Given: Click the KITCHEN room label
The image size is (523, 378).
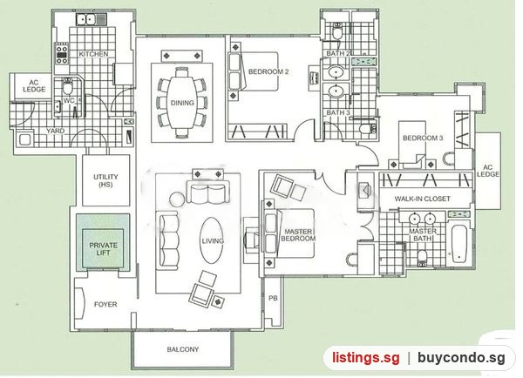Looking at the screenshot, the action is click(x=93, y=54).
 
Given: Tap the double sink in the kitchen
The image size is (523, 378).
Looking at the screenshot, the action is click(x=86, y=20).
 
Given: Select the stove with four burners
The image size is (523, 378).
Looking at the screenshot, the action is click(x=62, y=53).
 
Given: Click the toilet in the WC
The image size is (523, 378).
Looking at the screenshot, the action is click(x=68, y=87).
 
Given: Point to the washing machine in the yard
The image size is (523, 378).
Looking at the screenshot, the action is click(x=24, y=139).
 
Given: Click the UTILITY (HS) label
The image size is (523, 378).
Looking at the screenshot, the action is click(x=105, y=180).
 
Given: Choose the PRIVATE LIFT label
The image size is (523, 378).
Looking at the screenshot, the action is click(x=103, y=249).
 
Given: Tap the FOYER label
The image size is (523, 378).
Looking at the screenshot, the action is click(x=105, y=304).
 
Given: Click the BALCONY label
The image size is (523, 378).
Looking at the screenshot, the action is click(x=183, y=349).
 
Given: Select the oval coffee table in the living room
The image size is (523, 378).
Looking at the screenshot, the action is click(x=213, y=240).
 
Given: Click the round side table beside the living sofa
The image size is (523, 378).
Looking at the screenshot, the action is click(x=177, y=199).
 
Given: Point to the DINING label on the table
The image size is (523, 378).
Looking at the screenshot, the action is click(x=182, y=103).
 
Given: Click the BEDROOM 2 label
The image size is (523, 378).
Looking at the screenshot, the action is click(x=268, y=71).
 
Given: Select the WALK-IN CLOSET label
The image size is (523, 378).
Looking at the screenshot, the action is click(x=422, y=199).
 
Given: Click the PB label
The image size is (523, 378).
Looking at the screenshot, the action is click(x=273, y=299).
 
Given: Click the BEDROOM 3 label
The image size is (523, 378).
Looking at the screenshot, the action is click(x=423, y=138).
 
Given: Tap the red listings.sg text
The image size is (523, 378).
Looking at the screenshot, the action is click(x=365, y=358).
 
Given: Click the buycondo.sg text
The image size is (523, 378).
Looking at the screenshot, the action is click(x=461, y=358).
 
